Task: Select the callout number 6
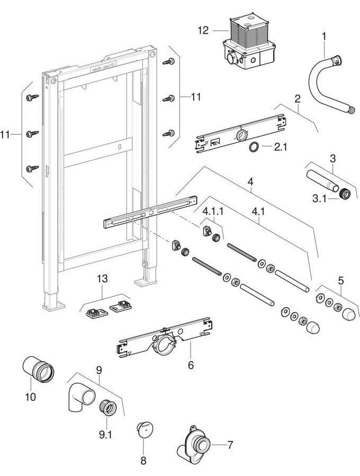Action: coord(191,365)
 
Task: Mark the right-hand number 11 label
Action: coord(196,97)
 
